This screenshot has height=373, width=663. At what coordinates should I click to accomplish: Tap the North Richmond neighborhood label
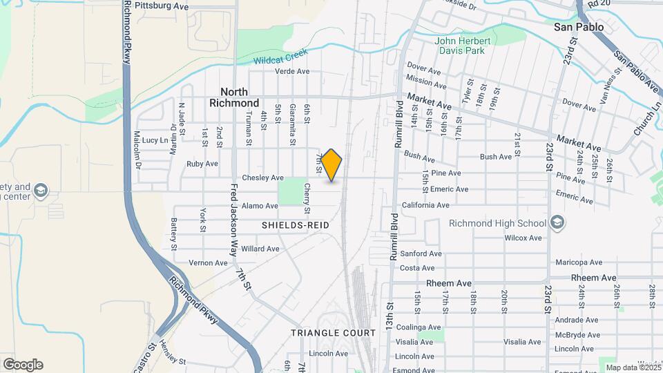point(240,97)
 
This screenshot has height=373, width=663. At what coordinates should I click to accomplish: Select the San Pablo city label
point(579,27)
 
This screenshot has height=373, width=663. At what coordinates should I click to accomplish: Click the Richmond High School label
point(497,223)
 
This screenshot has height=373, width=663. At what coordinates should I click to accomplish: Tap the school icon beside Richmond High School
point(557,222)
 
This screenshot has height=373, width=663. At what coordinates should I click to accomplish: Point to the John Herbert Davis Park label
point(463,46)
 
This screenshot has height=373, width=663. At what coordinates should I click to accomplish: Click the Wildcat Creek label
point(280,60)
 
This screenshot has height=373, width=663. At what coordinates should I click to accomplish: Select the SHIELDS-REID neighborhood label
point(295,226)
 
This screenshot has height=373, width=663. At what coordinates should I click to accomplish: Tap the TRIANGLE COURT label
point(333,332)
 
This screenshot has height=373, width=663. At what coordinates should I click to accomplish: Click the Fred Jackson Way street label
point(234,216)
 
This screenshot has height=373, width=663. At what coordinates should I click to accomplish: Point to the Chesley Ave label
point(262,178)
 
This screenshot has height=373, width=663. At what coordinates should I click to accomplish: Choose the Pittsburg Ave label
point(162,6)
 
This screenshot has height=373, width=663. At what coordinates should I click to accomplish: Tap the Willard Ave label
point(260,249)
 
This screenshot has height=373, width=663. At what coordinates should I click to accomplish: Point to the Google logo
point(23,365)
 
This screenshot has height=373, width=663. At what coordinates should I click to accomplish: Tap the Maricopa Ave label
point(579,262)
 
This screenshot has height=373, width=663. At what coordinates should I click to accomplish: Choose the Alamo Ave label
point(259,206)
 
